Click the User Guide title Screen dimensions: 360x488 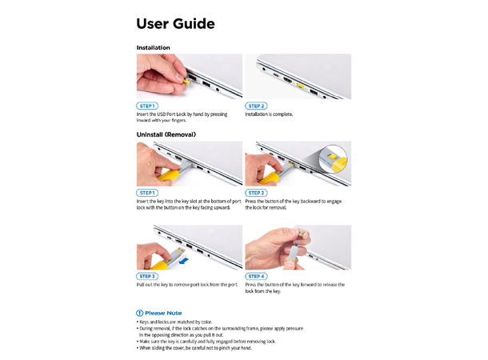[x=175, y=24]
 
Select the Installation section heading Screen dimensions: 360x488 [x=153, y=48]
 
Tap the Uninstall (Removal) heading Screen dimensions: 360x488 [x=166, y=134]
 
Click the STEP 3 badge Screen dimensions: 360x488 [x=147, y=276]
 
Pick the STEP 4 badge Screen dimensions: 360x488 [x=256, y=276]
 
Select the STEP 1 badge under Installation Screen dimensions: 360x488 [x=147, y=106]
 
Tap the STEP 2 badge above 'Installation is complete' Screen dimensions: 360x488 [x=256, y=106]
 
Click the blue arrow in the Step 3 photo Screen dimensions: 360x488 [x=184, y=259]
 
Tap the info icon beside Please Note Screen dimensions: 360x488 [x=139, y=313]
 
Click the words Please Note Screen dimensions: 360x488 [x=163, y=313]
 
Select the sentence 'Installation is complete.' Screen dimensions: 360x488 [x=269, y=114]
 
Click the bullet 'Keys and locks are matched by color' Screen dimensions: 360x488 [x=174, y=322]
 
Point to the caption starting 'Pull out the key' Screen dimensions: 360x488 [x=187, y=285]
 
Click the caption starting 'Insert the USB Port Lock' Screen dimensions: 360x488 [x=182, y=118]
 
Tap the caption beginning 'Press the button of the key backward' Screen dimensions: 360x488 [x=294, y=205]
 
